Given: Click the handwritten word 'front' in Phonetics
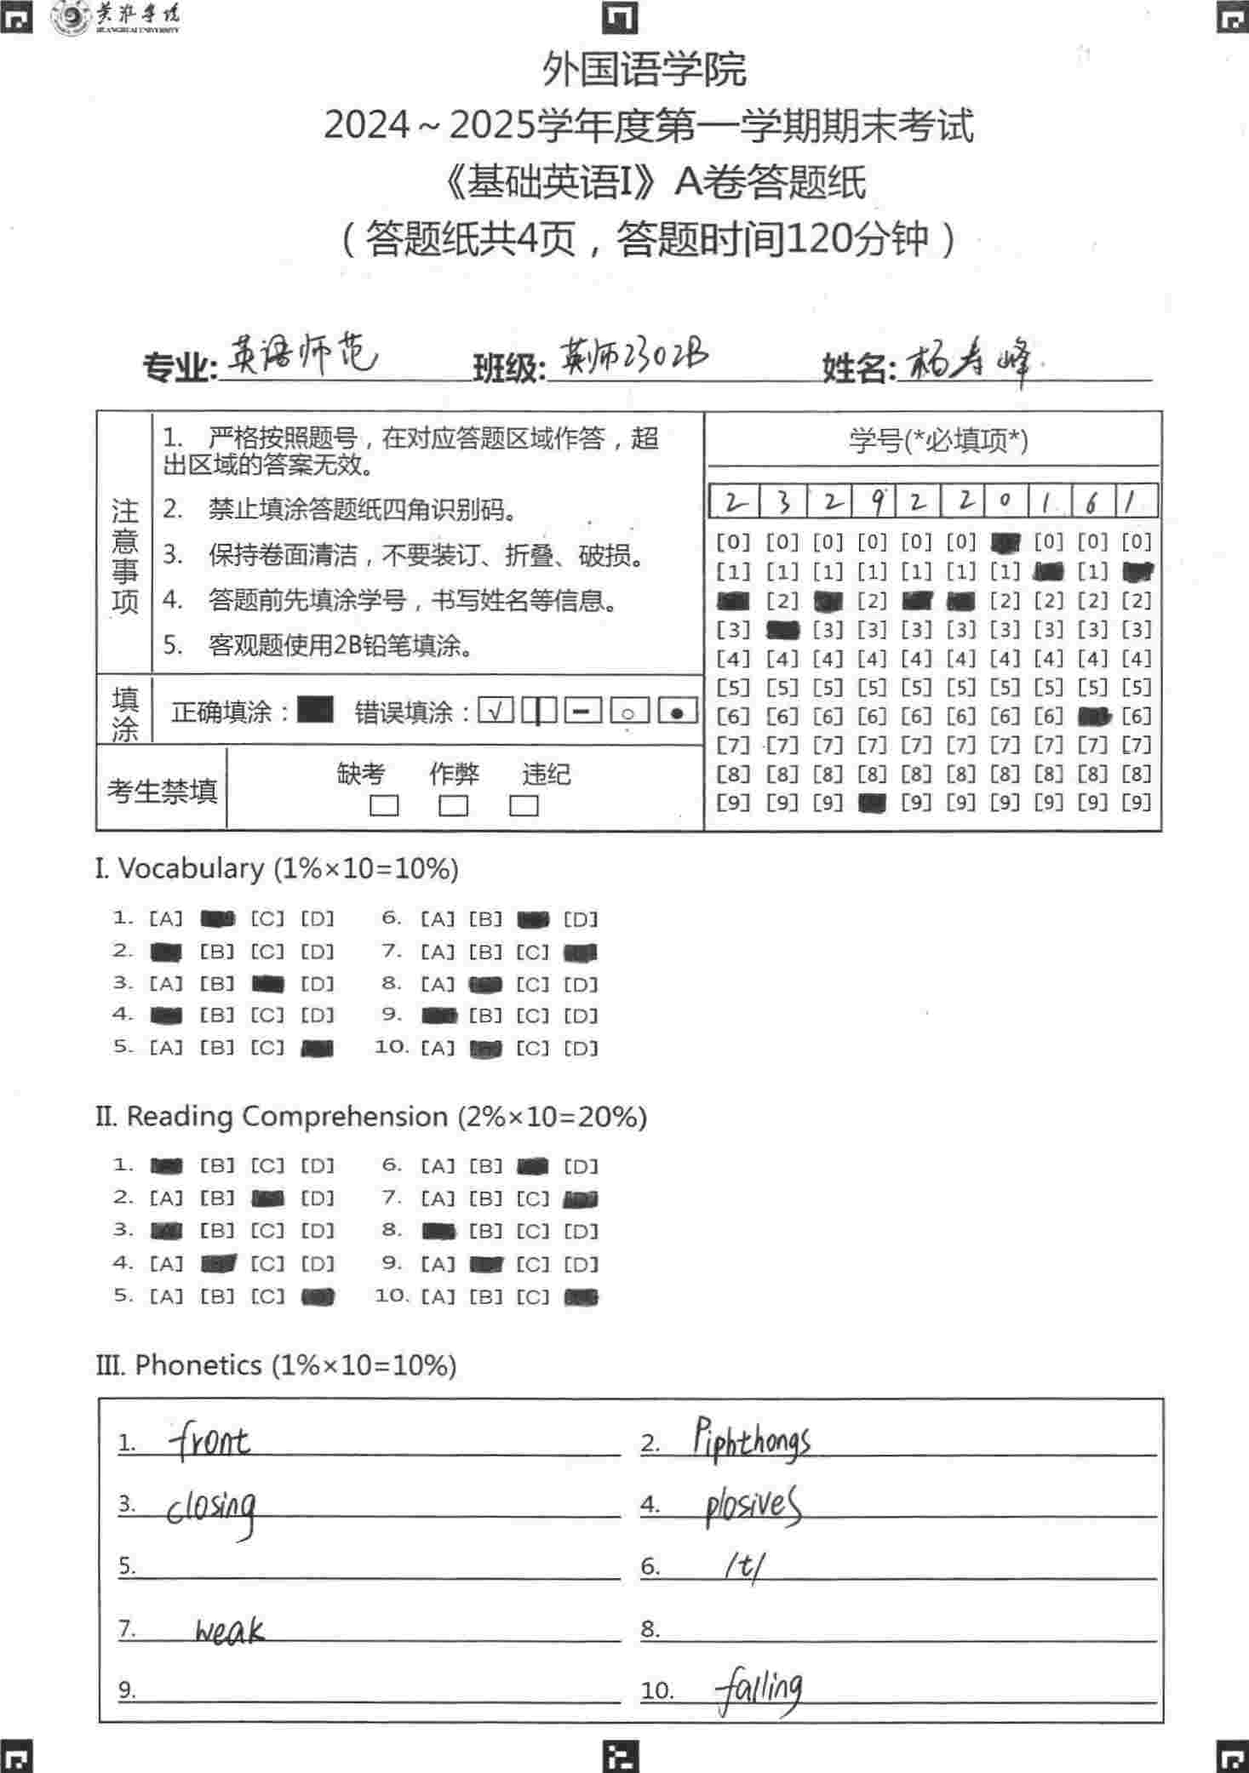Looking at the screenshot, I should [x=209, y=1441].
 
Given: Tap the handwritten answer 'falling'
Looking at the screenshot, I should [x=759, y=1690].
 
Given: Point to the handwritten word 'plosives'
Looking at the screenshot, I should [x=753, y=1506].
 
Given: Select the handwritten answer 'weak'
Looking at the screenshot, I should [x=229, y=1630].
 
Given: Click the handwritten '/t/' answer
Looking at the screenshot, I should [x=744, y=1566].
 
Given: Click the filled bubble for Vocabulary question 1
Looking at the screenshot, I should [x=217, y=919].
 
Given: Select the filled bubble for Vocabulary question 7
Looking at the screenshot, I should [x=580, y=952].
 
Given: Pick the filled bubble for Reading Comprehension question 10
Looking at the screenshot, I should [x=582, y=1297].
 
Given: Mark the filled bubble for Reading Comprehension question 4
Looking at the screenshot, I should [x=218, y=1265].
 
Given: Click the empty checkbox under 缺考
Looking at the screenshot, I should [x=384, y=805].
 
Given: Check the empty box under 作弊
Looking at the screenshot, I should [x=453, y=805].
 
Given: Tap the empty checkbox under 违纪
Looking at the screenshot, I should [x=524, y=805].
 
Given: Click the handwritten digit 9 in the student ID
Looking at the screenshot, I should [x=875, y=501].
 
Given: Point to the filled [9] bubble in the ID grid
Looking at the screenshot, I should [x=873, y=803].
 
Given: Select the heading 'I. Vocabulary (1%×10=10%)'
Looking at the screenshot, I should [x=277, y=869].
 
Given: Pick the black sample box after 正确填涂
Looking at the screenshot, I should [x=315, y=709].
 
